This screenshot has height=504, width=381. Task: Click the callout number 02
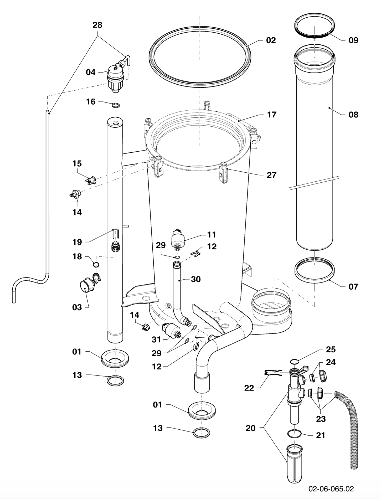click(271, 40)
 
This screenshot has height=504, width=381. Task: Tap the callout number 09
click(353, 40)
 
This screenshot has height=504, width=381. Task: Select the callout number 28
click(97, 25)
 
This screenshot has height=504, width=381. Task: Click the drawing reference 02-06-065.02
click(331, 489)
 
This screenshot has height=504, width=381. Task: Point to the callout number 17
click(272, 115)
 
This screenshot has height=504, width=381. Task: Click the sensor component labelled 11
click(178, 239)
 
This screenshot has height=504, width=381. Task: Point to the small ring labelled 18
click(96, 264)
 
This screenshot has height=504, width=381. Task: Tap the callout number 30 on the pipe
click(196, 279)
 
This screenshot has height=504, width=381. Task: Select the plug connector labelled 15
click(91, 181)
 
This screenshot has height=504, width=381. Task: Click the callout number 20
click(250, 428)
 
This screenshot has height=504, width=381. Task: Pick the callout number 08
click(353, 115)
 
